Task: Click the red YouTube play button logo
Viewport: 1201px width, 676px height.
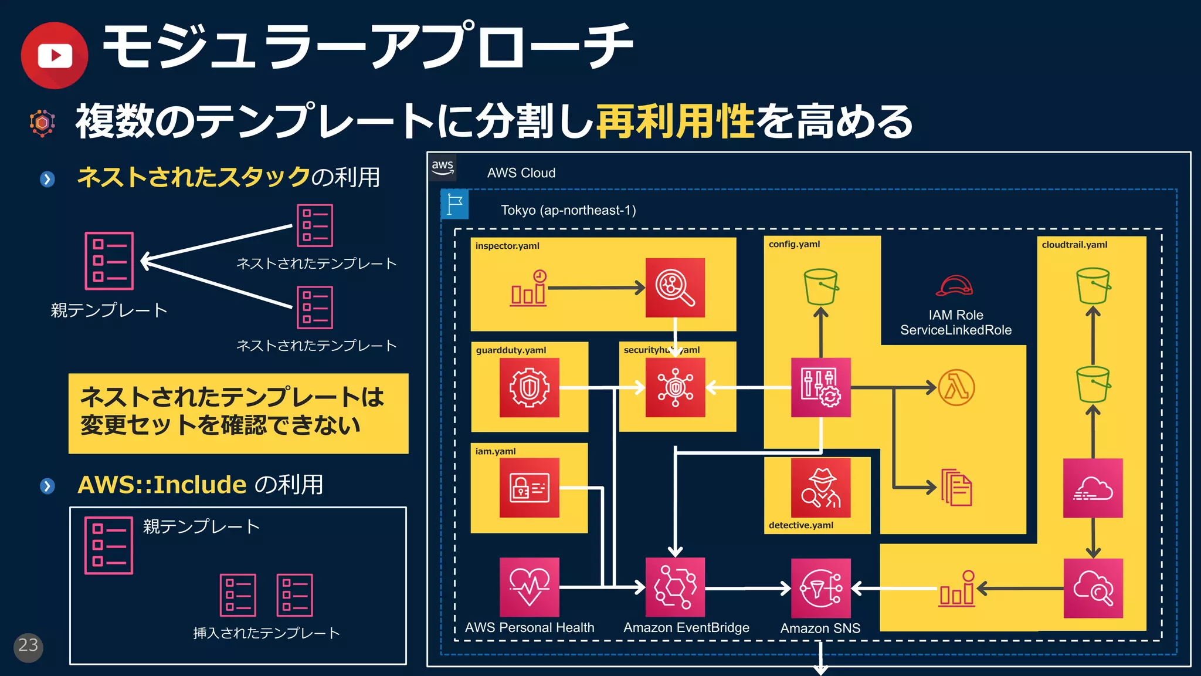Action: (x=55, y=56)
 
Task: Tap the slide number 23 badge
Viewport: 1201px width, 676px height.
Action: (x=28, y=647)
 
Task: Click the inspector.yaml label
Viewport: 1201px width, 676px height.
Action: (x=507, y=246)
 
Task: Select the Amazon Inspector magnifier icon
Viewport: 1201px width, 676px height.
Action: (x=675, y=288)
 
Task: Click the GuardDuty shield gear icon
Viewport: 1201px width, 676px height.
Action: (x=529, y=387)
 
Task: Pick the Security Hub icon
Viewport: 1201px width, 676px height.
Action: (x=675, y=388)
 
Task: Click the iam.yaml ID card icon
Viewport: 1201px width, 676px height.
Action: (x=529, y=488)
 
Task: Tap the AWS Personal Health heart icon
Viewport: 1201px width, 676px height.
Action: (x=529, y=587)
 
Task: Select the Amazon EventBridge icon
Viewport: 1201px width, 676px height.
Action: (x=675, y=587)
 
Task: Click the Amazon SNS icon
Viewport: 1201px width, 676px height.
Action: (x=820, y=588)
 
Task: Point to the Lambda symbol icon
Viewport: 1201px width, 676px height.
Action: (x=956, y=387)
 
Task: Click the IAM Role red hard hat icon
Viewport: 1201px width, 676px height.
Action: (x=954, y=286)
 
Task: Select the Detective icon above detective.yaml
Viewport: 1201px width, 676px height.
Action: (x=820, y=488)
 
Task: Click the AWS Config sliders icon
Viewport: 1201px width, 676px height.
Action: (x=820, y=387)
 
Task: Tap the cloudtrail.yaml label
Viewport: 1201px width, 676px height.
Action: (x=1074, y=245)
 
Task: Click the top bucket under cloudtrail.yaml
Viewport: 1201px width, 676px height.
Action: (x=1093, y=286)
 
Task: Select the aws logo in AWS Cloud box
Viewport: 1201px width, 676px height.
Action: (x=443, y=167)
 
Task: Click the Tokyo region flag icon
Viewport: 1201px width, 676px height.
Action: (x=454, y=204)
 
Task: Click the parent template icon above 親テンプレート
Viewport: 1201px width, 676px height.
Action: (x=109, y=261)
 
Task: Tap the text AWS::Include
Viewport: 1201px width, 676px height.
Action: (x=162, y=485)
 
